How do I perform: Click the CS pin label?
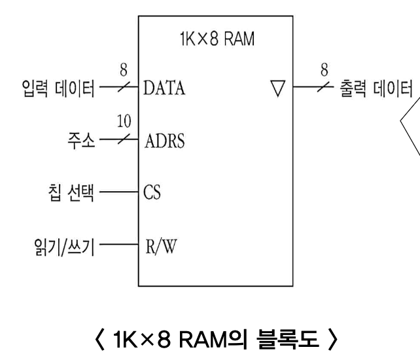click(152, 194)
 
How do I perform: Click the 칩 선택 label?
click(69, 194)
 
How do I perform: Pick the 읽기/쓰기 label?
click(65, 249)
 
